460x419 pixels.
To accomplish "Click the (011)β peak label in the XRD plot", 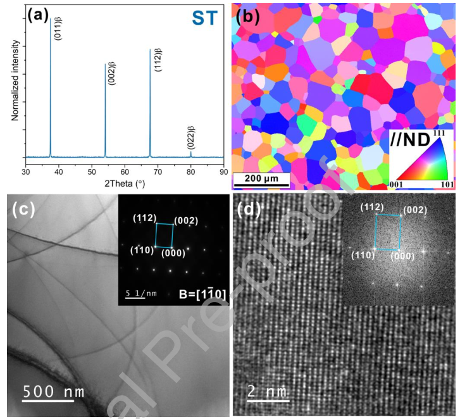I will click(x=58, y=29).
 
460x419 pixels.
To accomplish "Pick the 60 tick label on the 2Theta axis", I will click(x=125, y=172).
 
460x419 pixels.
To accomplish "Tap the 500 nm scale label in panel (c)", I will click(x=53, y=391).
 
